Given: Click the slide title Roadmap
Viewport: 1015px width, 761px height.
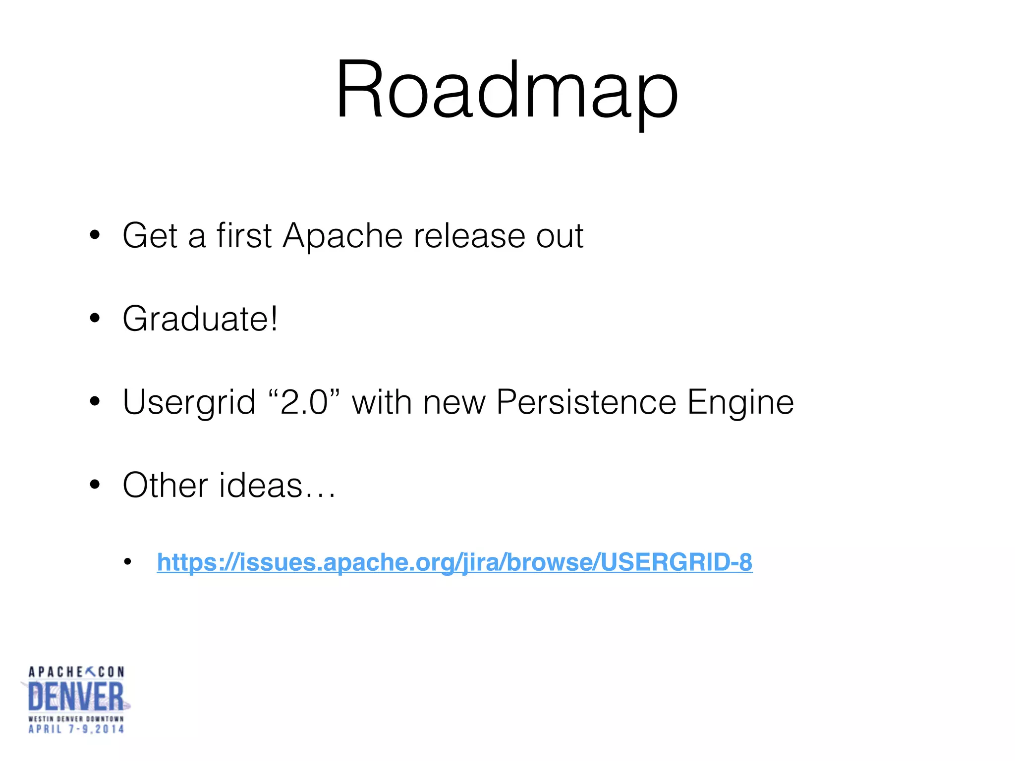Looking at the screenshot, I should (507, 90).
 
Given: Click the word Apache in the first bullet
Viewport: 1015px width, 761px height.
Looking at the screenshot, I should (342, 235).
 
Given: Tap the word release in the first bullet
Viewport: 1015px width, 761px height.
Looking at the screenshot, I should (469, 235).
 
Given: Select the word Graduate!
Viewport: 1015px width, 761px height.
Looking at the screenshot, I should (200, 319).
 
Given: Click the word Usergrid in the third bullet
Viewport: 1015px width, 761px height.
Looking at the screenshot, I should (189, 402).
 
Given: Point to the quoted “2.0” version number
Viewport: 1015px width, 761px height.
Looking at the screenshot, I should (304, 401).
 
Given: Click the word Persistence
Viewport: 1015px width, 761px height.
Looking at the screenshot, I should (586, 401).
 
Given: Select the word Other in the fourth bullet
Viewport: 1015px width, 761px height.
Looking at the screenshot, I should (165, 485).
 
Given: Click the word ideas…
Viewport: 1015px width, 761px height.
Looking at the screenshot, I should (278, 485).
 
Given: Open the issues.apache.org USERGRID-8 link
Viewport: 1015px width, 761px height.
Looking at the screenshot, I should (454, 562).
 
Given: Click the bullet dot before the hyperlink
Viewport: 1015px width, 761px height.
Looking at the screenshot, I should (128, 562).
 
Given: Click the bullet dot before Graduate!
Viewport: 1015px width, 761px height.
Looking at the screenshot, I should (95, 319).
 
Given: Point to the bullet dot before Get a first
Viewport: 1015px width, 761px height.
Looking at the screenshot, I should (95, 236).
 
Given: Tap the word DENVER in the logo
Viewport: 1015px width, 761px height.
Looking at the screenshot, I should (76, 697).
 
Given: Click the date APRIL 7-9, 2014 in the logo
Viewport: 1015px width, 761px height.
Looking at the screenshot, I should (76, 729).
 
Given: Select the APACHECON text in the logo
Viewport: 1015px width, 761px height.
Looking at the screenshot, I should (76, 672).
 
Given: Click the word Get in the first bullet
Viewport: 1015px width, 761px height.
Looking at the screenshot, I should (150, 235).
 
